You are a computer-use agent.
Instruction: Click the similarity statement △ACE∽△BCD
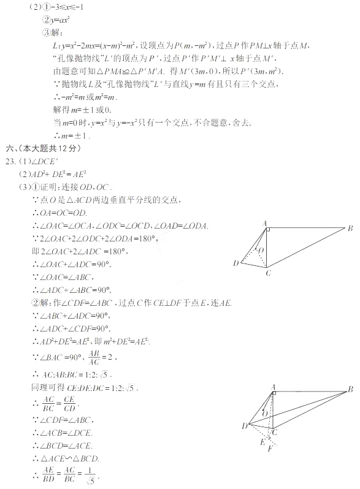click(69, 458)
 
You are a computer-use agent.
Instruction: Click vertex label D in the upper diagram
click(236, 263)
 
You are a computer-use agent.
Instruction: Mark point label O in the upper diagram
click(262, 251)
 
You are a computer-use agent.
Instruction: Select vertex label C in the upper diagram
click(268, 273)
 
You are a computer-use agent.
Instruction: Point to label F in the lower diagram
click(270, 449)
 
